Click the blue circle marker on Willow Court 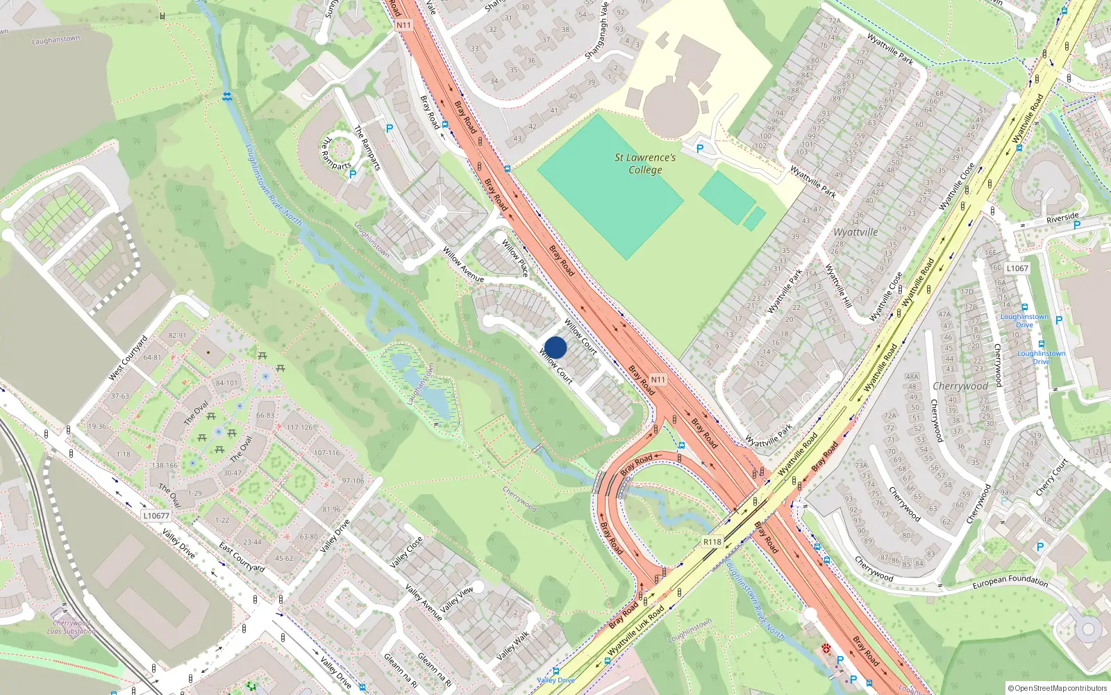point(555,347)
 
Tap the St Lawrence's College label point(645,164)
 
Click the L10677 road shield point(156,516)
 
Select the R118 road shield point(712,541)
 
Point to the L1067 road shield point(1017,268)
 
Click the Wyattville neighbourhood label point(855,232)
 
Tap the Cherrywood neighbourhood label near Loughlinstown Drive point(960,386)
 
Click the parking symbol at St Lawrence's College point(700,148)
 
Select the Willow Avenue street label point(463,264)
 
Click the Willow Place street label point(515,258)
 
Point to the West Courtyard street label point(128,358)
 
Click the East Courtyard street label point(242,557)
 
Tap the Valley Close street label point(406,553)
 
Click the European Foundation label point(1010,581)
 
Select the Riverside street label point(1062,218)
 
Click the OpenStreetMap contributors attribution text point(1058,688)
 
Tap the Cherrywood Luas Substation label point(72,627)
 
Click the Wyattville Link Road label point(636,630)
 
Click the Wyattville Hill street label point(838,286)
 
